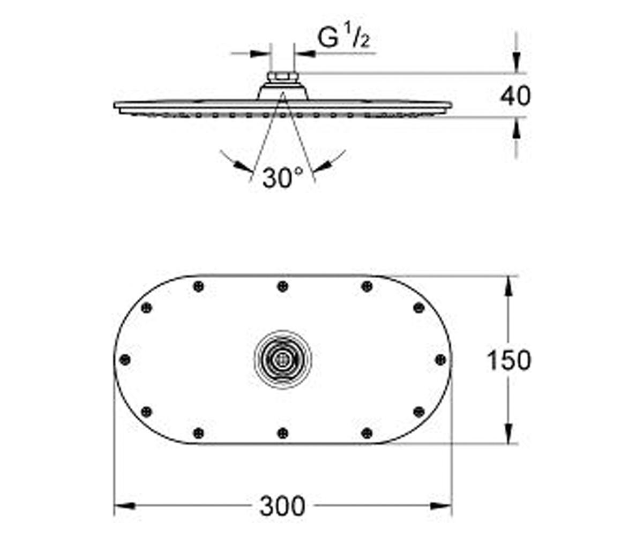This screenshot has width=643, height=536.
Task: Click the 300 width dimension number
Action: [282, 506]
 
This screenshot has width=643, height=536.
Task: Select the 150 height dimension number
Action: [509, 360]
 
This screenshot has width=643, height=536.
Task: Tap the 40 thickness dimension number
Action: [515, 96]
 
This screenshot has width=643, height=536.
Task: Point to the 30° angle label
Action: [282, 178]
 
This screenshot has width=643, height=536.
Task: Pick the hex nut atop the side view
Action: [282, 76]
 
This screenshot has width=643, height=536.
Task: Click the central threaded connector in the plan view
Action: [282, 360]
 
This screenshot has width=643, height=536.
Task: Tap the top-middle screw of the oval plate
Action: [283, 286]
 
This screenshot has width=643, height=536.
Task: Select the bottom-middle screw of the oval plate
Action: [283, 433]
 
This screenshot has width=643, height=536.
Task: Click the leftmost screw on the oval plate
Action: [125, 360]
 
